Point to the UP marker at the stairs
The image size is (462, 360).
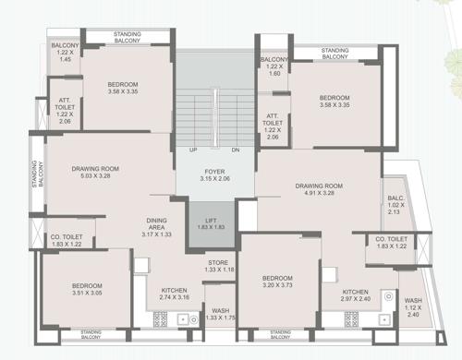pyautogui.click(x=194, y=150)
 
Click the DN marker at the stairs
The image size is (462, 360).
pyautogui.click(x=235, y=150)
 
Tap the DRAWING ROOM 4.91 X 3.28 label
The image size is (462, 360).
pyautogui.click(x=319, y=190)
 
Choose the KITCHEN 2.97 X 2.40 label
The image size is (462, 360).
pyautogui.click(x=355, y=295)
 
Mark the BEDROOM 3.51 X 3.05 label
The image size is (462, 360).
pyautogui.click(x=87, y=291)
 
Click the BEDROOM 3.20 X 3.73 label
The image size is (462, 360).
pyautogui.click(x=277, y=282)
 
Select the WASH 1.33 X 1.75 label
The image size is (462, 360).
pyautogui.click(x=220, y=314)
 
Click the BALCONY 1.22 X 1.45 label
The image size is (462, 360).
pyautogui.click(x=65, y=52)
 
